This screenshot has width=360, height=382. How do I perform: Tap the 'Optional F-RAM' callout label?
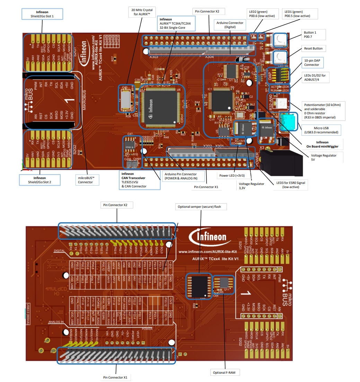(225, 372)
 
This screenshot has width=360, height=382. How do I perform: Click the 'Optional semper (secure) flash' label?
(202, 207)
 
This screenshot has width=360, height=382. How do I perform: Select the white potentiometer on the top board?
(279, 103)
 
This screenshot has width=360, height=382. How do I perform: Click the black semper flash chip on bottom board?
(199, 286)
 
